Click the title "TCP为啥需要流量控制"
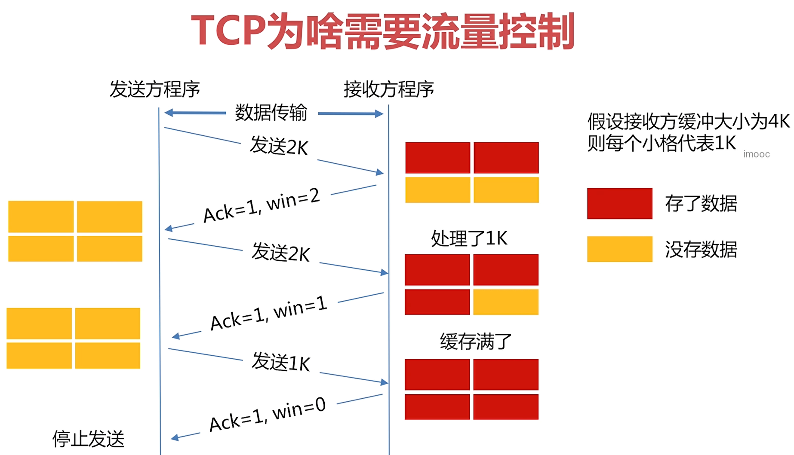(x=383, y=31)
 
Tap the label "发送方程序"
(x=155, y=89)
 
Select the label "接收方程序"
(x=388, y=89)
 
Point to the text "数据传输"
(x=271, y=113)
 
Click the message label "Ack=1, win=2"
(x=262, y=206)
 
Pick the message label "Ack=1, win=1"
(x=269, y=313)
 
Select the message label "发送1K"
(x=281, y=362)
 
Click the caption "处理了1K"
(x=469, y=238)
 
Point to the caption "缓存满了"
(x=476, y=342)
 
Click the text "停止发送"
(x=88, y=439)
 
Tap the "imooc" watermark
(x=757, y=154)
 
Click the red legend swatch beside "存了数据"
(x=619, y=203)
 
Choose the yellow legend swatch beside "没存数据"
(x=619, y=249)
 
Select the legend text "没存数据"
(x=701, y=250)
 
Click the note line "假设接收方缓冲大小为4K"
(x=688, y=122)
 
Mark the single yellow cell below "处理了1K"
(x=506, y=302)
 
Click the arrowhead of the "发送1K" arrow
(x=385, y=382)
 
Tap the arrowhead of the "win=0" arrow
(x=174, y=438)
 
